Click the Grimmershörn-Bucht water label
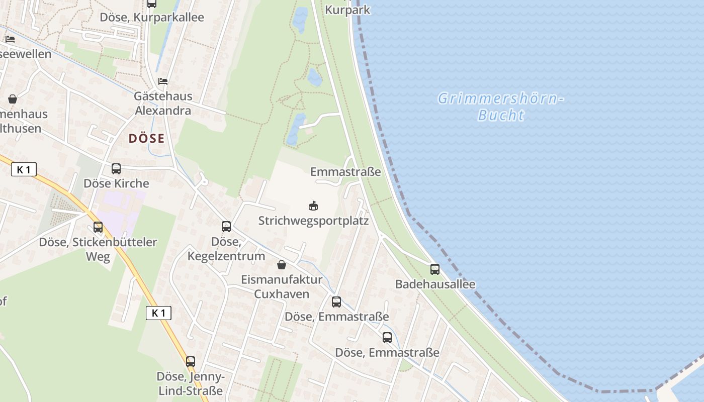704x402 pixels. coord(500,107)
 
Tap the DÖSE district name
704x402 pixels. coord(146,138)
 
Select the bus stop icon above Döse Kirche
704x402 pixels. coord(116,169)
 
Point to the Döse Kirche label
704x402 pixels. coord(116,183)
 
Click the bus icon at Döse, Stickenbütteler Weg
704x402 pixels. coord(98,227)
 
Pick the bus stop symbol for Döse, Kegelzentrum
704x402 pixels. coord(226,227)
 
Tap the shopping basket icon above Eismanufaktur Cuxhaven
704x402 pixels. coord(282,265)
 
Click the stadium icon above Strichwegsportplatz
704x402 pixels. coord(313,206)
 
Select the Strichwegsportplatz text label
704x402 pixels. coord(313,221)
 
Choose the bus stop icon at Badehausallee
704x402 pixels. coord(435,269)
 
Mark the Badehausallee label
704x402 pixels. coord(435,284)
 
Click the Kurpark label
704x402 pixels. coord(347,10)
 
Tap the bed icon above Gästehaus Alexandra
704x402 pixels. coord(162,81)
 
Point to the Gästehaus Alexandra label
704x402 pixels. coord(163,103)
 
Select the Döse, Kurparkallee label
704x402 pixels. coord(152,17)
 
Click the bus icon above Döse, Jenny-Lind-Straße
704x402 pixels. coord(190,361)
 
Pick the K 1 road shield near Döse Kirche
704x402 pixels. coord(24,170)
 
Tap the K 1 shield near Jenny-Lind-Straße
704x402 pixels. coord(158,313)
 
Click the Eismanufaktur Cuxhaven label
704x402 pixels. coord(282,286)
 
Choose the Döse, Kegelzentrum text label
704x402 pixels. coord(226,249)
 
